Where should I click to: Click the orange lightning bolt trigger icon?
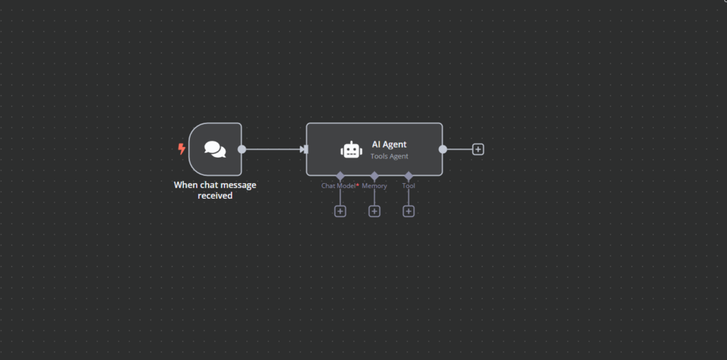tap(182, 149)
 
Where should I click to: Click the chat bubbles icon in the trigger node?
tap(215, 149)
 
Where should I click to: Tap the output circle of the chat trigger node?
tap(241, 149)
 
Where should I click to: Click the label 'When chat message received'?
tap(215, 190)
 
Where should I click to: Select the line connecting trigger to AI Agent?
tap(273, 149)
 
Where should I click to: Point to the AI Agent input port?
tap(304, 149)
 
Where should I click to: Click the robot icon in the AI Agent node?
tap(351, 150)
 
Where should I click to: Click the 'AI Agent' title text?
tap(389, 145)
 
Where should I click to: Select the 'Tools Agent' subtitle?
tap(390, 156)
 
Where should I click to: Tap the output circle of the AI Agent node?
tap(443, 149)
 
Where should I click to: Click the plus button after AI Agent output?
tap(478, 149)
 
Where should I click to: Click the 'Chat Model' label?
tap(339, 186)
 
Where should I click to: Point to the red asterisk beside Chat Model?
tap(358, 185)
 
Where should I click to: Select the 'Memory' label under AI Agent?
tap(374, 186)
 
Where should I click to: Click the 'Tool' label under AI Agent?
tap(408, 186)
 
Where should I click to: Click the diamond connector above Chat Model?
tap(340, 176)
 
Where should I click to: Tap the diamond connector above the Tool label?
tap(408, 176)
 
